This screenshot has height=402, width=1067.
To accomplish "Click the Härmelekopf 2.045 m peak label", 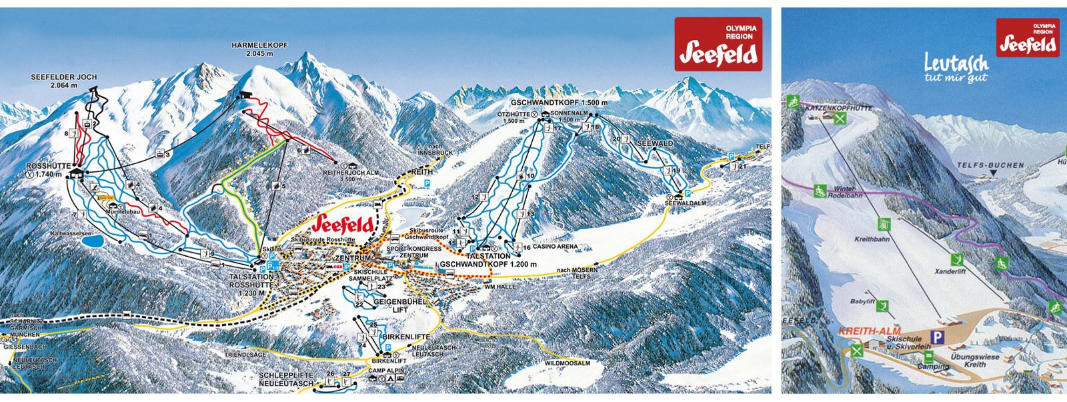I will click(259, 49).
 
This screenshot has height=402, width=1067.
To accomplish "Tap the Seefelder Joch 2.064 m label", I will click(64, 81).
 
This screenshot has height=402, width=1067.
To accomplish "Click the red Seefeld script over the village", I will click(343, 223).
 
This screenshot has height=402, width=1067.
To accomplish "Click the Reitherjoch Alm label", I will click(351, 175).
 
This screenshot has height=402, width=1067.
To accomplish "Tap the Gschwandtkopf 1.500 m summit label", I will click(559, 103).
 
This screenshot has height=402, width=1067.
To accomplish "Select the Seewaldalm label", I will click(685, 203).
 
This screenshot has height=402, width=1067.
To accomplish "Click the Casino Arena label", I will click(555, 247).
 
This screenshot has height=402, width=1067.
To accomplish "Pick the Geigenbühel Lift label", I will click(399, 305).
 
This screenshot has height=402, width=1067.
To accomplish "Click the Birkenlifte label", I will click(406, 337).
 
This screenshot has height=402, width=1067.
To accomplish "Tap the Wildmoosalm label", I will click(567, 363).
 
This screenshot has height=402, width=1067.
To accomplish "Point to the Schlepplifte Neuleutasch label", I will click(286, 379).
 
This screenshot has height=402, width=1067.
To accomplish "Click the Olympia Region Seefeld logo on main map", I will click(718, 44).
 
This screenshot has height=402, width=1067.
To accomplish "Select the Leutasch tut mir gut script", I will click(955, 68).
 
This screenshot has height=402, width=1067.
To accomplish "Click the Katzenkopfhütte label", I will click(838, 107).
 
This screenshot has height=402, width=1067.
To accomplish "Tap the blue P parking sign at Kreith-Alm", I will click(937, 337).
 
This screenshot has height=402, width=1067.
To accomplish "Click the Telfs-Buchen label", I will click(990, 165).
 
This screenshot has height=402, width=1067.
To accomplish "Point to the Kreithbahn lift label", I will click(872, 239).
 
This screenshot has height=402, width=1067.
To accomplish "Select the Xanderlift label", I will click(950, 271).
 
